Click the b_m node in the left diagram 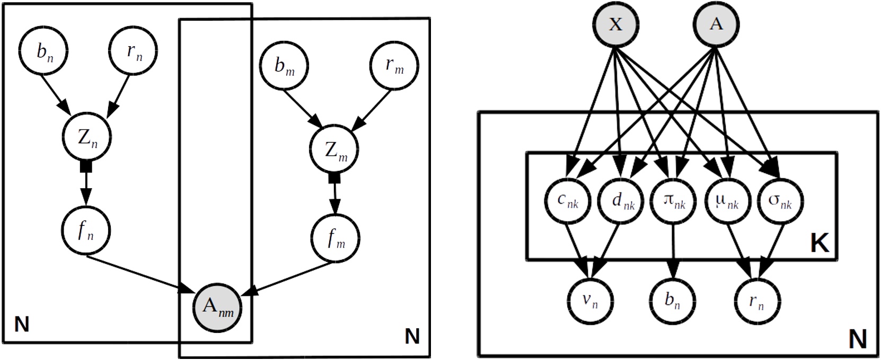284,66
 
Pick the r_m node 394,66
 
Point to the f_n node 86,231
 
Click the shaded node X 615,24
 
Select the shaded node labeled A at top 716,24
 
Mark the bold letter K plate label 820,243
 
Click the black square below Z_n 86,167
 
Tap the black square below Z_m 334,179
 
